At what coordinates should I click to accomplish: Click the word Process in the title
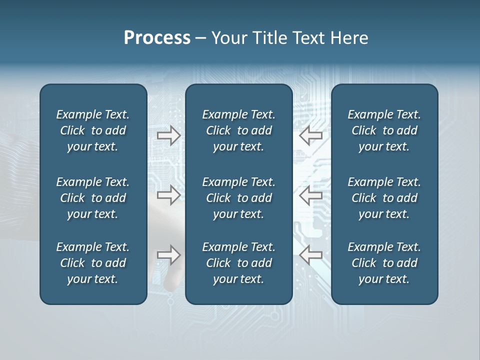pyautogui.click(x=157, y=38)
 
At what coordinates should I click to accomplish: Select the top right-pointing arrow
pyautogui.click(x=169, y=135)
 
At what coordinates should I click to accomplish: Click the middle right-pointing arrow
pyautogui.click(x=169, y=195)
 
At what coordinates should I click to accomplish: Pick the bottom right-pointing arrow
pyautogui.click(x=169, y=255)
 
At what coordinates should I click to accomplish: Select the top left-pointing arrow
pyautogui.click(x=311, y=135)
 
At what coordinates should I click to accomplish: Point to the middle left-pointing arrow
pyautogui.click(x=311, y=195)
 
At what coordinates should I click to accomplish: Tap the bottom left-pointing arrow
pyautogui.click(x=311, y=255)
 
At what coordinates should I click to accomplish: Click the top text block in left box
pyautogui.click(x=93, y=130)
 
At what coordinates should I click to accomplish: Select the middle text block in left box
pyautogui.click(x=93, y=198)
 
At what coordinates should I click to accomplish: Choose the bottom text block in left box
pyautogui.click(x=93, y=263)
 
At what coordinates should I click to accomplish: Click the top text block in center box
pyautogui.click(x=238, y=130)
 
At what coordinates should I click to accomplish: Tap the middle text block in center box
pyautogui.click(x=238, y=198)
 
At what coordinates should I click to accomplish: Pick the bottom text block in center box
pyautogui.click(x=238, y=263)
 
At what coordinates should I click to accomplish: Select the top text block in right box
pyautogui.click(x=384, y=130)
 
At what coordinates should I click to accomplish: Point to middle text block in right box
pyautogui.click(x=384, y=198)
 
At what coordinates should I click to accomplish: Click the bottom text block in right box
pyautogui.click(x=384, y=263)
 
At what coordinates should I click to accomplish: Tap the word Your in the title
pyautogui.click(x=228, y=38)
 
